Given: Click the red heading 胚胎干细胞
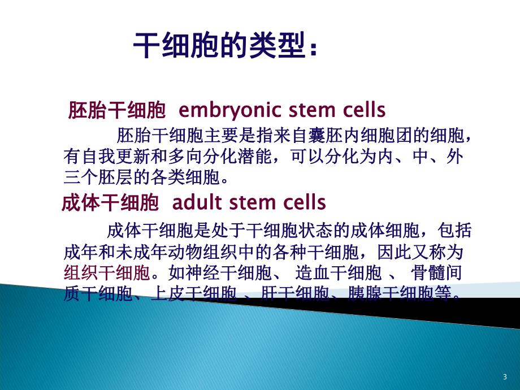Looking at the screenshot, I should [x=116, y=109].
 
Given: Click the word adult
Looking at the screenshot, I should [x=189, y=202].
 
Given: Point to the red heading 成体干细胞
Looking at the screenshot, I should [x=110, y=202].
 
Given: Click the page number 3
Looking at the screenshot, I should [x=504, y=377].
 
